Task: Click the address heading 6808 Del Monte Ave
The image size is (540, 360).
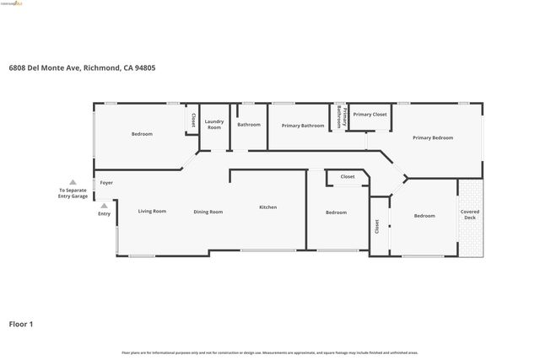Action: tap(81, 68)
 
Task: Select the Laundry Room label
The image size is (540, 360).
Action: tap(214, 124)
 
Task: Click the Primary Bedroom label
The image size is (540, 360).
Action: tap(433, 137)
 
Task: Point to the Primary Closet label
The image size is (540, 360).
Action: tap(370, 114)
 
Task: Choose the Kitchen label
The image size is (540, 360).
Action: tap(267, 207)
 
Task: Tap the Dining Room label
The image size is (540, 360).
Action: tap(208, 212)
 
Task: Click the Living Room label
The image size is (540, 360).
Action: tap(152, 211)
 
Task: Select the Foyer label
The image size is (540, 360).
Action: tap(106, 183)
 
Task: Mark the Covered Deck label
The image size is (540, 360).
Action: tap(470, 215)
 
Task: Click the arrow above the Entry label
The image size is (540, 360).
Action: tap(104, 205)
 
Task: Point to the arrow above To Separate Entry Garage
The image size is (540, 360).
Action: tap(73, 182)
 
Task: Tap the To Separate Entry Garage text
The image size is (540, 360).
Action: tap(72, 193)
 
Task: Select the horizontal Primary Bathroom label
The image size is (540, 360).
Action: tap(303, 126)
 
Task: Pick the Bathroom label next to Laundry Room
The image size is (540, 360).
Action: tap(249, 125)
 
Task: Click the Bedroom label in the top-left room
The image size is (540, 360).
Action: tap(142, 134)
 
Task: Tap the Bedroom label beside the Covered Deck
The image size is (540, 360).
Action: tap(424, 216)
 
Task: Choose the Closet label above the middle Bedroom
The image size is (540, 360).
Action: tap(348, 176)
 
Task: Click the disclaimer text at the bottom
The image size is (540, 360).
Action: tap(270, 352)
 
